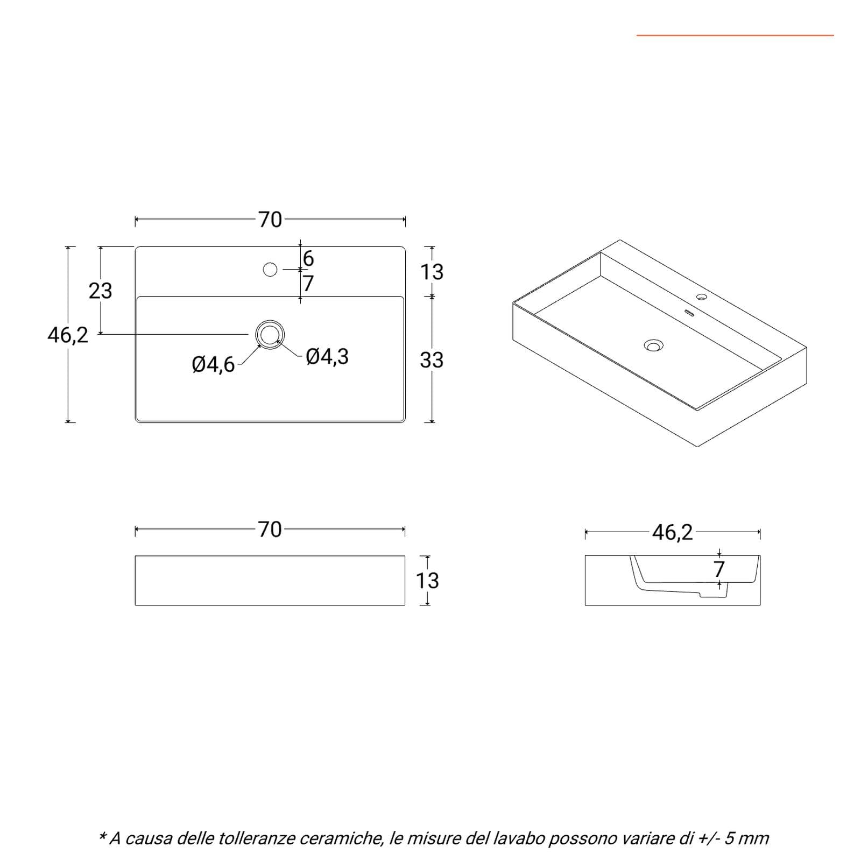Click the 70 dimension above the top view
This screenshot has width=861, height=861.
(x=270, y=220)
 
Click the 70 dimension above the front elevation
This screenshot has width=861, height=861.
(x=270, y=530)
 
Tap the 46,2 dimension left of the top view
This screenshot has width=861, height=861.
(x=68, y=335)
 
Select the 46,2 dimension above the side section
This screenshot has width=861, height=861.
(x=673, y=533)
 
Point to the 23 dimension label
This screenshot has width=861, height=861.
(x=101, y=291)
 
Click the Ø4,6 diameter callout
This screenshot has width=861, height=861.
(x=214, y=365)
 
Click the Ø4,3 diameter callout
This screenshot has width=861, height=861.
(x=327, y=356)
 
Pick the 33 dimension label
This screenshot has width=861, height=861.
(x=432, y=360)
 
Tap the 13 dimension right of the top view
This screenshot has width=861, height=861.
(x=432, y=272)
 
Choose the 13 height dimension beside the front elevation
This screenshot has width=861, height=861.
(x=427, y=581)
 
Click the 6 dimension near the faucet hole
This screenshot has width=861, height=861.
(x=308, y=259)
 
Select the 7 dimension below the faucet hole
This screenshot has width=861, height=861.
(x=308, y=283)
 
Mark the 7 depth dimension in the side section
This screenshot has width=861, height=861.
(x=719, y=569)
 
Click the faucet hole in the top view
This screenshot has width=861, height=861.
(x=270, y=269)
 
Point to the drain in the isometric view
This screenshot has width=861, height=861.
(x=654, y=345)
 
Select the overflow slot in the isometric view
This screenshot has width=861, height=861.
(x=689, y=313)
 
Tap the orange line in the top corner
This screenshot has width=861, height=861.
(x=735, y=36)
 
